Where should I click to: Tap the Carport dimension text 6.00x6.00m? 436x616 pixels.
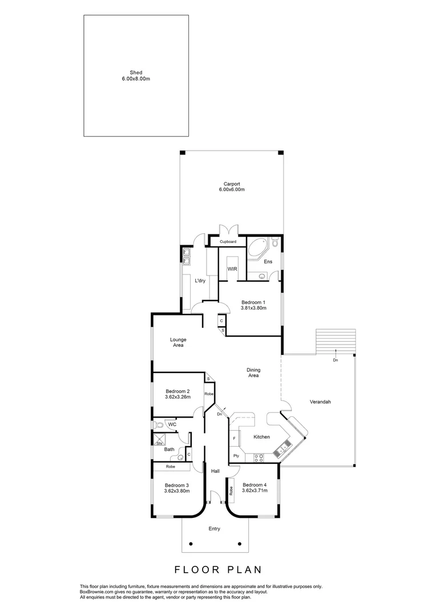pos(232,189)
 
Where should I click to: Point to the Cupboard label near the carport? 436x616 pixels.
pos(228,242)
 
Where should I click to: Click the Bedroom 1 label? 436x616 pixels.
pos(252,302)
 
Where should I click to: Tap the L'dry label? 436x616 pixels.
pos(200,281)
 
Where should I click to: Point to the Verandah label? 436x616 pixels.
pos(320,402)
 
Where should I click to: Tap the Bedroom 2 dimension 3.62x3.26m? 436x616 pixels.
pos(177,397)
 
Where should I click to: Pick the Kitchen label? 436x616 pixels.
pos(261,437)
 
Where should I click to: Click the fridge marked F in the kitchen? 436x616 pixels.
pos(234,438)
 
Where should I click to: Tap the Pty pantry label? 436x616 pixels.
pos(236,456)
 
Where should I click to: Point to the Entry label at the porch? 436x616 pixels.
pos(214,529)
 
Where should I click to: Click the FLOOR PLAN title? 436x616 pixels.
pos(217,569)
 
